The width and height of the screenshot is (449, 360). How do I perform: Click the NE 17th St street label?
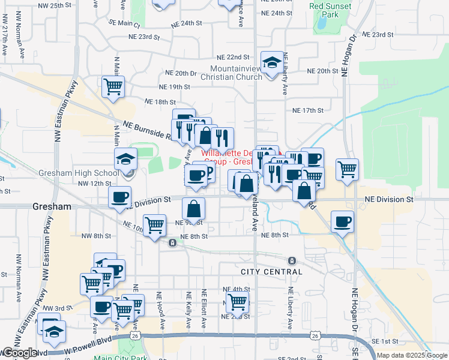tap(308, 110)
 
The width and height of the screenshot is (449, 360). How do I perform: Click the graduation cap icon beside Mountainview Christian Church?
tap(272, 62)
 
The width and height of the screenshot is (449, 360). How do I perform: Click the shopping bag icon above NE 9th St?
tap(194, 209)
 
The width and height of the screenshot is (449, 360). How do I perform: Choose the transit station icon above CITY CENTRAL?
tap(292, 260)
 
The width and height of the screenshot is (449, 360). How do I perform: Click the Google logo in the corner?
tap(19, 353)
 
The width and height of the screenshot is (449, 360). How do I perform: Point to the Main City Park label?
tap(121, 358)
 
